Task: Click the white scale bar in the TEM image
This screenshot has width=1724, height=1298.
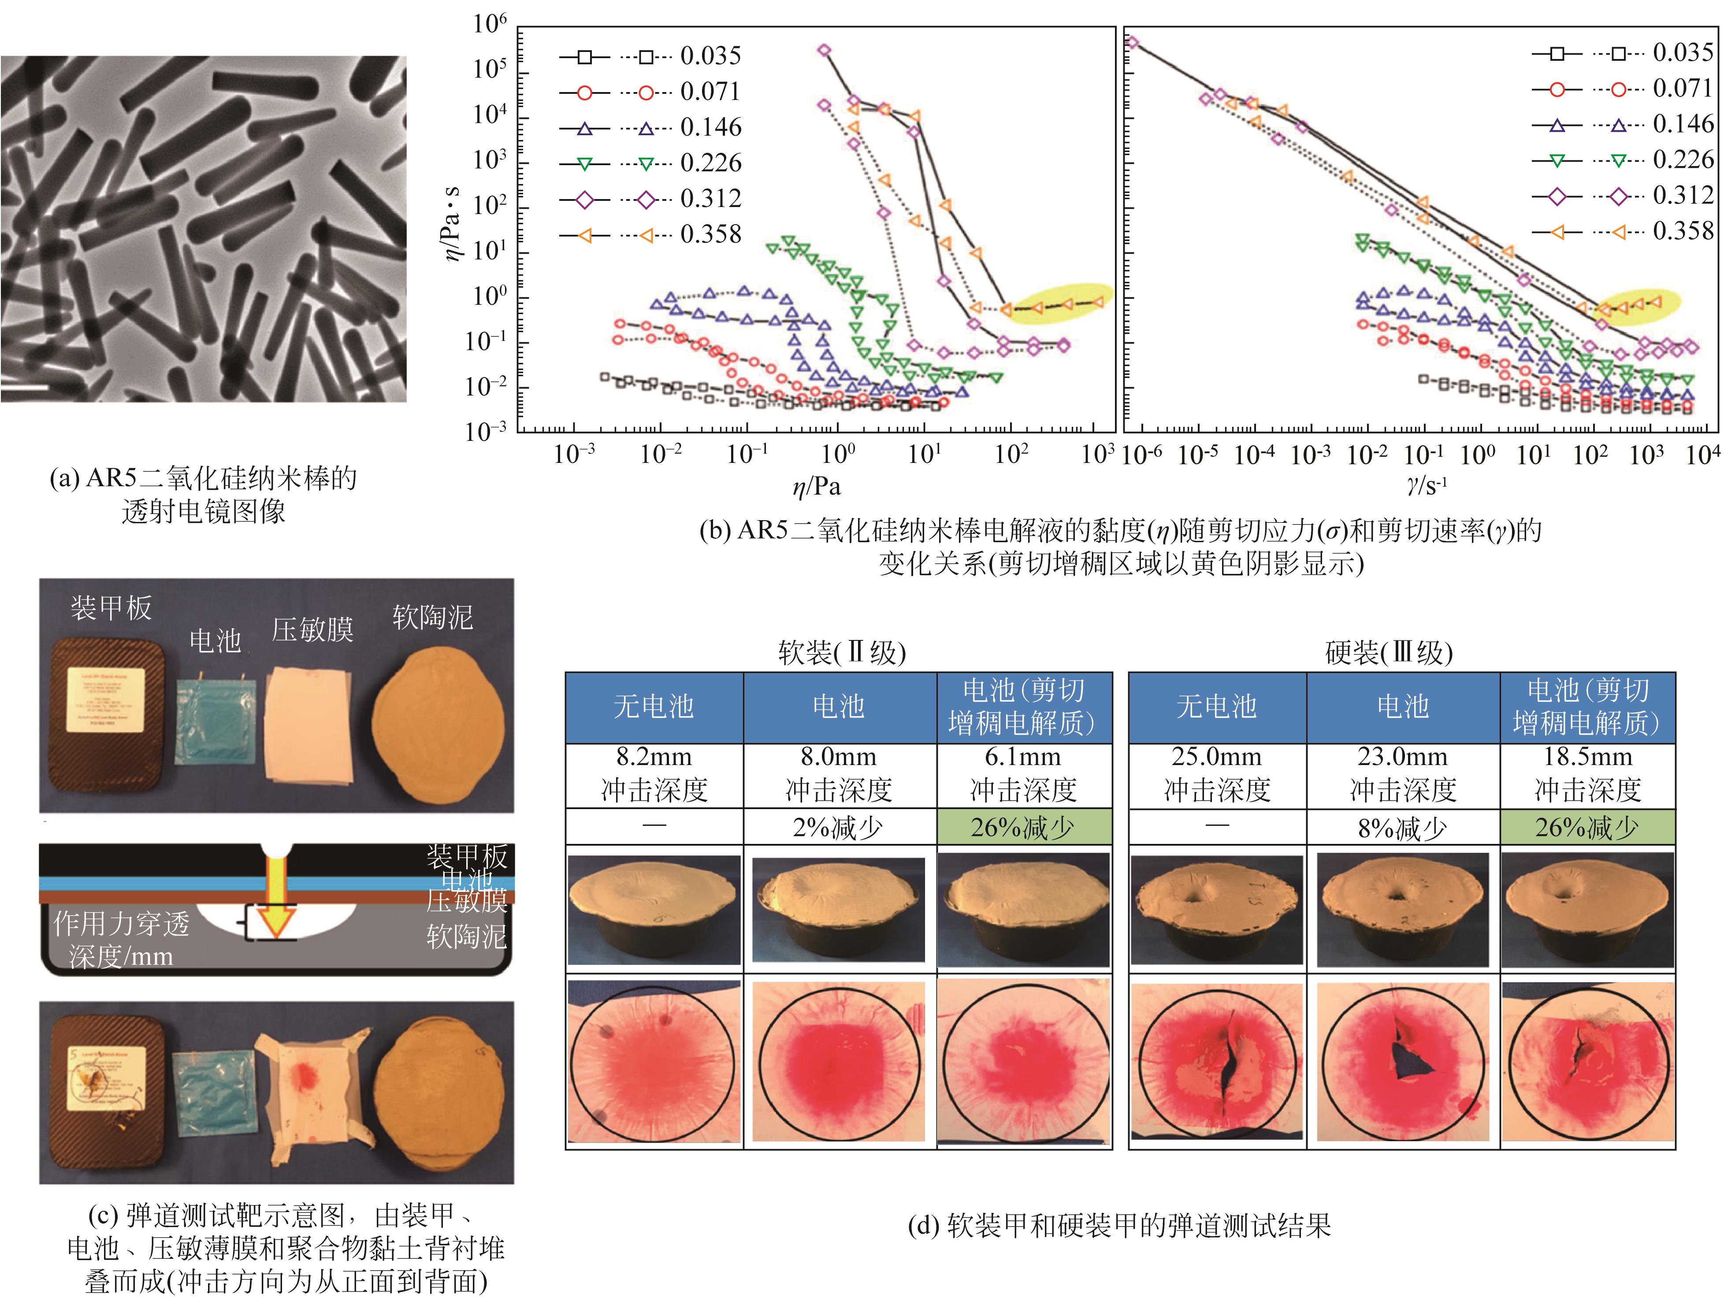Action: point(25,386)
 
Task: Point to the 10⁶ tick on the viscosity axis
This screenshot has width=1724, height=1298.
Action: point(490,23)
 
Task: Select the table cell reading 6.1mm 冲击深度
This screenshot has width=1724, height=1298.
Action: point(1023,774)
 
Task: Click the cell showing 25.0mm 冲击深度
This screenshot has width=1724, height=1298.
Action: point(1217,774)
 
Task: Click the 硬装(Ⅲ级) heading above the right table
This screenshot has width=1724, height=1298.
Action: point(1389,652)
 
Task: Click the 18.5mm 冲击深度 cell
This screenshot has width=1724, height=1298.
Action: point(1588,774)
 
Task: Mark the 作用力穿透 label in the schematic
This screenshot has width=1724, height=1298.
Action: point(122,924)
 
